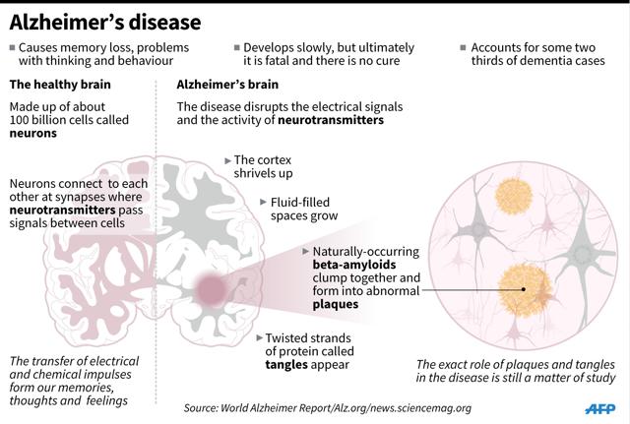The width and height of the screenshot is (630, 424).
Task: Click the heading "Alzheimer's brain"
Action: click(229, 86)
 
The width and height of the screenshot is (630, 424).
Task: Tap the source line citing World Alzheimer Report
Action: click(327, 407)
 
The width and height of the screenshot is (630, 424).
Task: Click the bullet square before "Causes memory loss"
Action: click(11, 47)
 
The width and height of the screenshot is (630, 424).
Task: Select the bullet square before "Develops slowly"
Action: click(236, 47)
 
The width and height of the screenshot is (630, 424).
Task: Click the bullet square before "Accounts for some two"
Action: click(464, 47)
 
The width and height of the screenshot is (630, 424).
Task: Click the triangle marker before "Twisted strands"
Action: click(257, 334)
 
